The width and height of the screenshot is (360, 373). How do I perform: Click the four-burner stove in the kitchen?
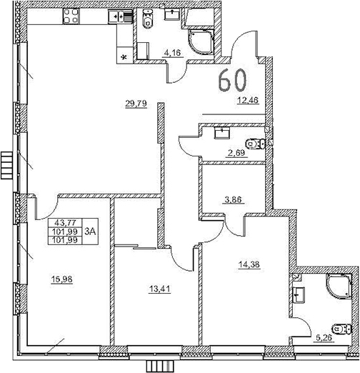72,15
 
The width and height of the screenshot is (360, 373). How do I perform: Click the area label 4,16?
172,51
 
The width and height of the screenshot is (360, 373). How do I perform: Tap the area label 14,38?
249,264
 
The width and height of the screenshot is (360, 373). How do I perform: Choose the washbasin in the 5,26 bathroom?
299,293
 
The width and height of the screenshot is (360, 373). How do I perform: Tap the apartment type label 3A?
91,231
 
